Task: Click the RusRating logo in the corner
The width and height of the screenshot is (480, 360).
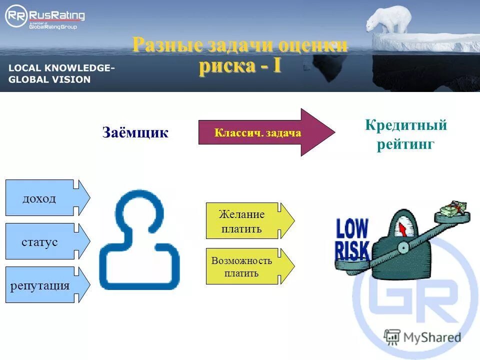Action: coord(44,18)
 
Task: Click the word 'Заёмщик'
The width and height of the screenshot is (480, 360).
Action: coord(135,132)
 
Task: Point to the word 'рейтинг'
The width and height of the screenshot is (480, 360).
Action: coord(405,145)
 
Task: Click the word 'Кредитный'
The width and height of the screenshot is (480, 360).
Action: coord(405,125)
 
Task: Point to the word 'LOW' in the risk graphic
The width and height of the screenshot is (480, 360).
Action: coord(352,229)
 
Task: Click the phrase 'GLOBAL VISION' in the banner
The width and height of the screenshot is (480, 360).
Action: coord(49,79)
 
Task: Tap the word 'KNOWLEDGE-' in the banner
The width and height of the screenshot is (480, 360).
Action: coord(82,68)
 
